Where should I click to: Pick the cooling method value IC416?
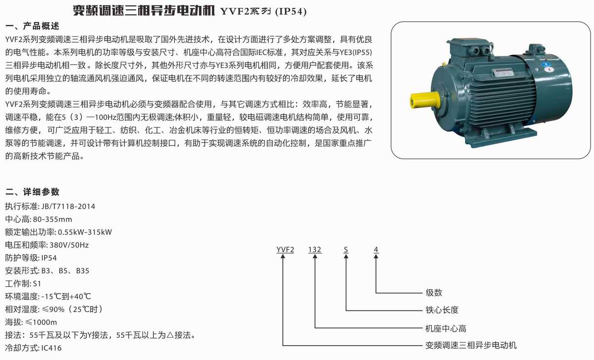point(51,348)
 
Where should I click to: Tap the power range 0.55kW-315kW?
point(85,232)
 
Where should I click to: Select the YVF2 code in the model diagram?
point(285,250)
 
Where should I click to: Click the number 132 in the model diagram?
point(315,250)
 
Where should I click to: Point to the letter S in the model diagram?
point(346,250)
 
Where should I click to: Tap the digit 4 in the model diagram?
point(376,250)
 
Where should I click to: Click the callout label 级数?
point(434,292)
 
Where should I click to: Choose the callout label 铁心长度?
point(442,310)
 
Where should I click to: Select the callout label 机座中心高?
point(446,328)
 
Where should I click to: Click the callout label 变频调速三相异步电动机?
point(471,345)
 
